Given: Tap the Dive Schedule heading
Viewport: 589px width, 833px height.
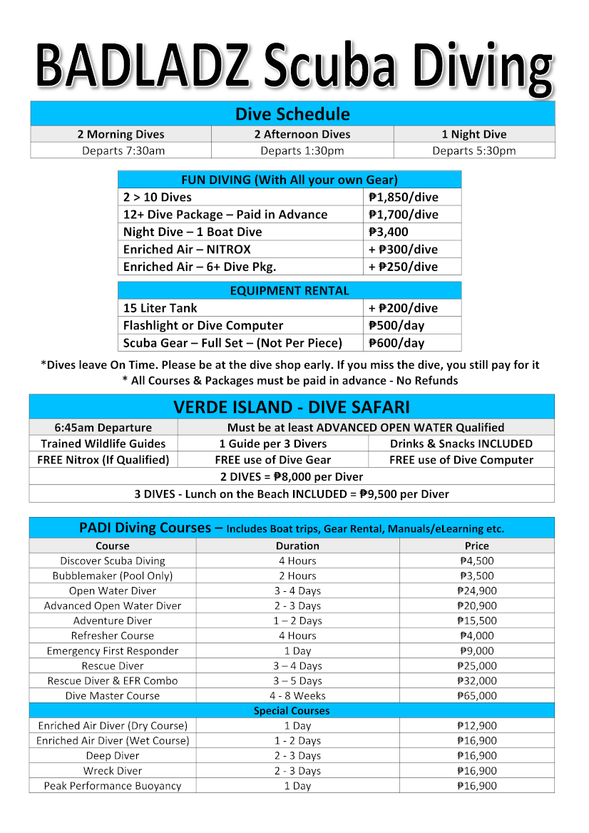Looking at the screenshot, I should [292, 114].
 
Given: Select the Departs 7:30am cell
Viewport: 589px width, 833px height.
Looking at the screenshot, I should [123, 150].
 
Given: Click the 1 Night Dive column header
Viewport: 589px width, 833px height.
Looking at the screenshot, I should [473, 134].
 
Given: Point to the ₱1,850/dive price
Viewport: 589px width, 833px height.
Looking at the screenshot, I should [403, 198].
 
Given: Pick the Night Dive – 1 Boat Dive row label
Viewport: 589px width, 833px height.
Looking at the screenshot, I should [193, 232].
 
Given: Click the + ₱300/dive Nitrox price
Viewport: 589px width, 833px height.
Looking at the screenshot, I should [403, 249].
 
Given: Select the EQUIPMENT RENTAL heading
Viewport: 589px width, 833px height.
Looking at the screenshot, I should [290, 291].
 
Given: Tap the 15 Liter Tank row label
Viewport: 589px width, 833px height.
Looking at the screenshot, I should [160, 308].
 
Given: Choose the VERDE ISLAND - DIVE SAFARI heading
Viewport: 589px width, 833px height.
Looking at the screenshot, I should [292, 407].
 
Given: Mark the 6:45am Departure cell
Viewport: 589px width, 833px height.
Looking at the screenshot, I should [103, 428].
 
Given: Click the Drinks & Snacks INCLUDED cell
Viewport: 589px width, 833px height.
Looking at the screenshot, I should [461, 444].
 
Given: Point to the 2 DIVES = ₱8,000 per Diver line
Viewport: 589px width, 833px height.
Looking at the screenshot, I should [292, 476].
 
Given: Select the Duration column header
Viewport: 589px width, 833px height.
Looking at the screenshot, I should [297, 546].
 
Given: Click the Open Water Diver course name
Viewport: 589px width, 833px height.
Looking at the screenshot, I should [113, 591].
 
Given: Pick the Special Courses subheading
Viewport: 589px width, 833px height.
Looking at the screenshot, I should [292, 710].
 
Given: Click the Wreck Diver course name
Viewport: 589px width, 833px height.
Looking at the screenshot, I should [113, 770].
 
